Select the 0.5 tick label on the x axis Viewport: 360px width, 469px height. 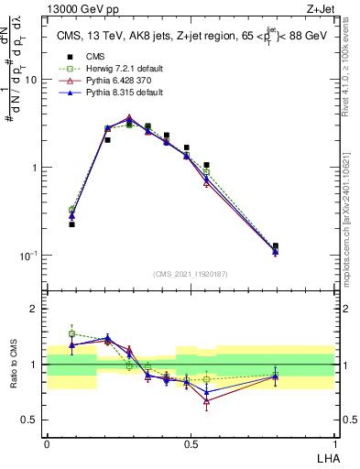click(x=190, y=443)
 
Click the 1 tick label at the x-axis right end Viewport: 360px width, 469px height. click(x=334, y=443)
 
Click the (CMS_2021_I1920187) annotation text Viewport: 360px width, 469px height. click(x=190, y=273)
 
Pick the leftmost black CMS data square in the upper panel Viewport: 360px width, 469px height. click(x=71, y=224)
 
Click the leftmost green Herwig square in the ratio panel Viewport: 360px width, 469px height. click(x=71, y=333)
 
